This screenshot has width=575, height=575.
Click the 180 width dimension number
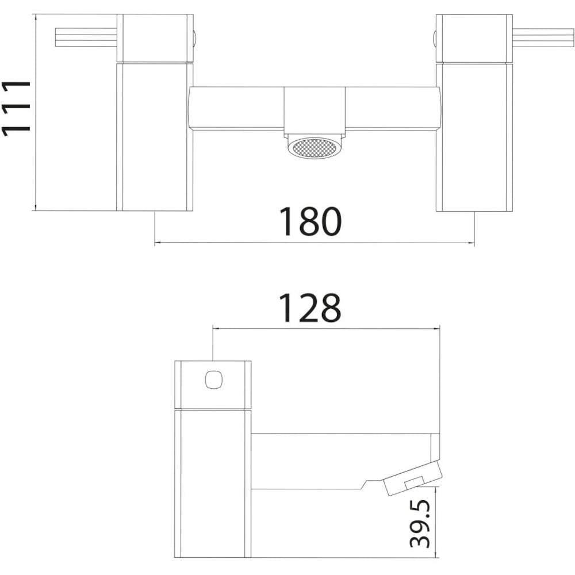point(310,221)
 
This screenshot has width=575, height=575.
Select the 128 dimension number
point(310,308)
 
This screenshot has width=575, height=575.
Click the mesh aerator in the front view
point(315,147)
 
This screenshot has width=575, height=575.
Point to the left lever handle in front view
point(86,37)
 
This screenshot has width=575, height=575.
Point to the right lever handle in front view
point(543,37)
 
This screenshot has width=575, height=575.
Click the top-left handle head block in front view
point(155,38)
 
